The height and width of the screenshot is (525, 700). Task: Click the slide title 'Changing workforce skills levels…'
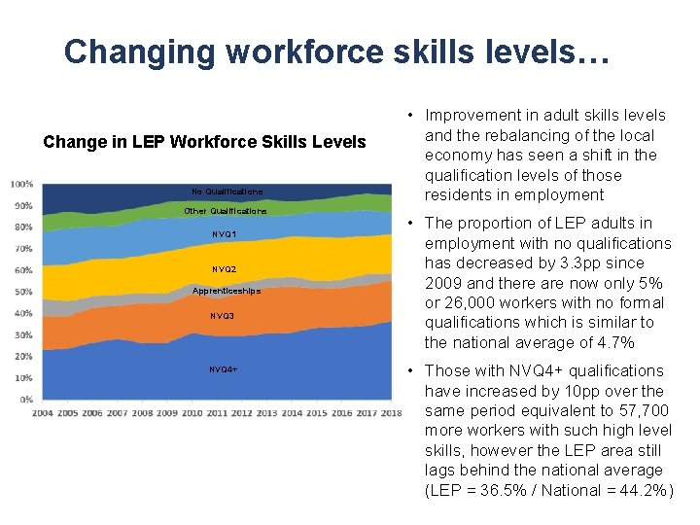pos(336,52)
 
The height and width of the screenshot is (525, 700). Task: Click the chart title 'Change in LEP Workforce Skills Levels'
pos(204,142)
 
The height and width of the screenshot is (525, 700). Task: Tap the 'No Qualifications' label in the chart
pos(227,192)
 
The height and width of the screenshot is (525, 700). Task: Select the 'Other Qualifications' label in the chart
pos(226,211)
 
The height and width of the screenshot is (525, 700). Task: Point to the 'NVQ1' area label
pos(224,234)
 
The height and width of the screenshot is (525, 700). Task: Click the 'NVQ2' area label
pos(224,269)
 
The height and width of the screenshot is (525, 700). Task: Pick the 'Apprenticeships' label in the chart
pos(227,290)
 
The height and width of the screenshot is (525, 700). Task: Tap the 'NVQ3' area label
pos(223,316)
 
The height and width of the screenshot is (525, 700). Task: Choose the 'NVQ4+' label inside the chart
pos(223,369)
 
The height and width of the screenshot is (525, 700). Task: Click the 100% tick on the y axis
pos(22,184)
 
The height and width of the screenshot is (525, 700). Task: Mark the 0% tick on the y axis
pos(27,400)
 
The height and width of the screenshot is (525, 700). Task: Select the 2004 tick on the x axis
pos(43,413)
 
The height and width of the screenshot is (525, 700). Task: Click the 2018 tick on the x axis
pos(392,413)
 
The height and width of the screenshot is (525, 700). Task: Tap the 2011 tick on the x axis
pos(217,413)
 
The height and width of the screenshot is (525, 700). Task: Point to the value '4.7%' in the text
pos(612,342)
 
